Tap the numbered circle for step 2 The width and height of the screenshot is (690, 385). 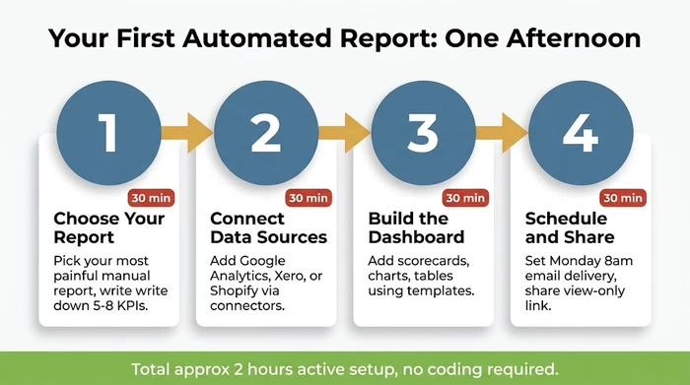265,130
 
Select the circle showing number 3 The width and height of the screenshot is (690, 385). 423,130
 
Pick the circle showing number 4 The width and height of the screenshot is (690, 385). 580,130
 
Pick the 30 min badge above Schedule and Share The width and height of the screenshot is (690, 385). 623,198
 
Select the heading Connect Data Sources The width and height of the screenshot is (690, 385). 268,227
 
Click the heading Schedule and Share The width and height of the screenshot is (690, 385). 570,227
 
